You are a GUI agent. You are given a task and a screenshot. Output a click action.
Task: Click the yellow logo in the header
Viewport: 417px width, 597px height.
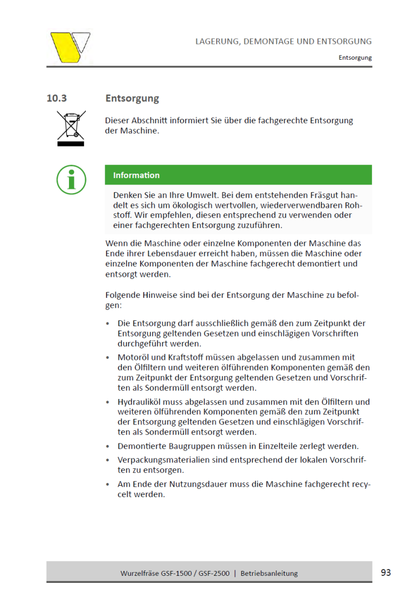pyautogui.click(x=70, y=48)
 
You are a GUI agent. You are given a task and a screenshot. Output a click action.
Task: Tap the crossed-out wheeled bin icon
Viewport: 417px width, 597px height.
pyautogui.click(x=71, y=128)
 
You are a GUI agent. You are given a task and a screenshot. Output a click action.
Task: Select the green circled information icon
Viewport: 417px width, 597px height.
pyautogui.click(x=71, y=179)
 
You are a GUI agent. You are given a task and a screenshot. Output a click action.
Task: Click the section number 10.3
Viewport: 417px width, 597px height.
pyautogui.click(x=56, y=98)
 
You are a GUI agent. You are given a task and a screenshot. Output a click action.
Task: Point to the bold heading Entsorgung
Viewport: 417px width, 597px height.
pyautogui.click(x=132, y=98)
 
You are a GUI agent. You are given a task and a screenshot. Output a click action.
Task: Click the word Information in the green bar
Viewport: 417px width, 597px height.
pyautogui.click(x=136, y=175)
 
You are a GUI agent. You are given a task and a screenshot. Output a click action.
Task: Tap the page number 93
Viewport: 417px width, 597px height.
pyautogui.click(x=386, y=572)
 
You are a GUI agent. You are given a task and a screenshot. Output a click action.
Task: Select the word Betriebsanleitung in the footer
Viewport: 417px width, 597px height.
pyautogui.click(x=269, y=573)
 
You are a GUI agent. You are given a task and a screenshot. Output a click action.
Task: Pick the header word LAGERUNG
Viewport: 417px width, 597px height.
pyautogui.click(x=217, y=41)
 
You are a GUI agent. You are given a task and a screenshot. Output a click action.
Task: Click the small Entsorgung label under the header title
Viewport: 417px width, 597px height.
pyautogui.click(x=355, y=57)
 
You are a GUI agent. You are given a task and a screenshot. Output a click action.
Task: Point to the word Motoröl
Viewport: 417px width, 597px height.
pyautogui.click(x=134, y=357)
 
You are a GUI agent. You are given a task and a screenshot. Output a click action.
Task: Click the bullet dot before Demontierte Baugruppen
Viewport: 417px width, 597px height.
pyautogui.click(x=108, y=447)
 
